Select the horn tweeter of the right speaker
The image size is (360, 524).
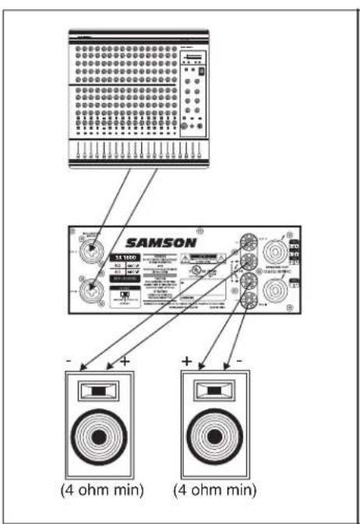pyautogui.click(x=213, y=392)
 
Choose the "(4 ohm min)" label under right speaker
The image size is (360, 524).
pyautogui.click(x=213, y=491)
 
